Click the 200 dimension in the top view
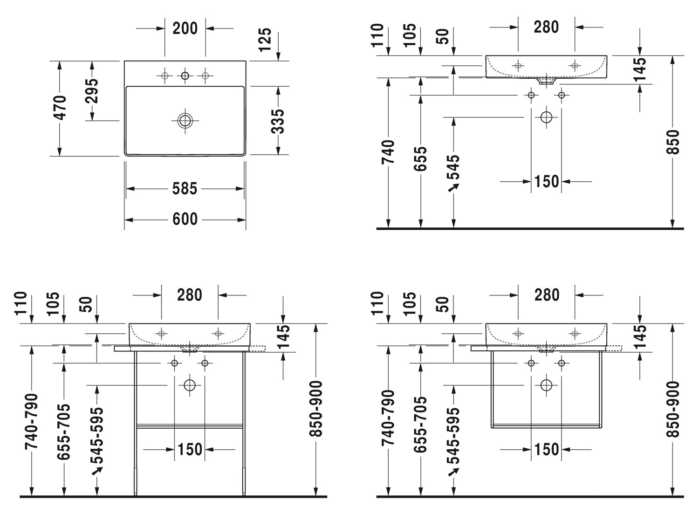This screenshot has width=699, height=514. click(x=185, y=28)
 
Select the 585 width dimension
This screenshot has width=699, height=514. click(x=185, y=189)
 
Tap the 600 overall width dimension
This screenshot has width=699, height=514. click(x=185, y=219)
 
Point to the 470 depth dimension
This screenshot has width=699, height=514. click(x=60, y=108)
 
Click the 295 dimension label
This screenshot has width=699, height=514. click(x=92, y=91)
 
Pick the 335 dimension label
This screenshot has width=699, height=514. click(x=277, y=122)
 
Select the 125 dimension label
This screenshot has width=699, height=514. click(x=265, y=40)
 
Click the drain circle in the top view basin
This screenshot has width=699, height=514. click(x=185, y=121)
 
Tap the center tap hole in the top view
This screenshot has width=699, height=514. click(x=185, y=75)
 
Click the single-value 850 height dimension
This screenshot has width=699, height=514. click(x=672, y=142)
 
